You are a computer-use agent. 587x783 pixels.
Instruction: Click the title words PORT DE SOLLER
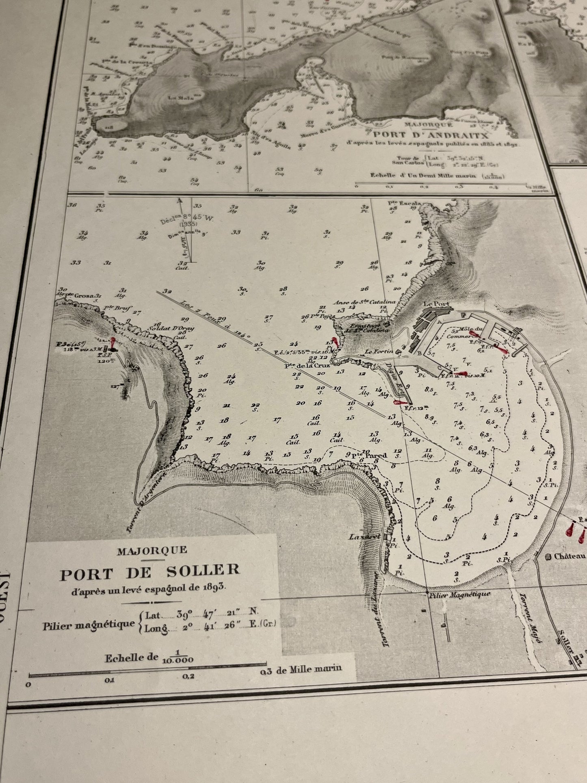click(x=150, y=573)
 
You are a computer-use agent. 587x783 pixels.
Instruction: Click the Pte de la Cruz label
click(x=307, y=365)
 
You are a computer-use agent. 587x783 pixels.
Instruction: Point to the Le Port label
click(x=432, y=304)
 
